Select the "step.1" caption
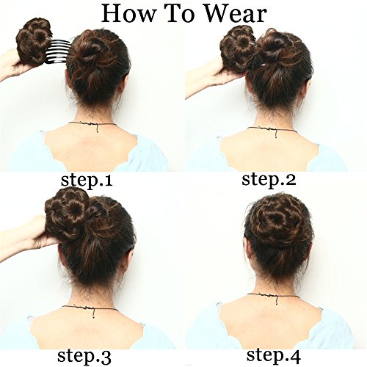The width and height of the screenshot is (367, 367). (x=87, y=181)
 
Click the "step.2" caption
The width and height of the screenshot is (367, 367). (x=269, y=181)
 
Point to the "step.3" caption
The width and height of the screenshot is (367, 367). (x=84, y=356)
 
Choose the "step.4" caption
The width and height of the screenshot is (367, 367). (x=273, y=355)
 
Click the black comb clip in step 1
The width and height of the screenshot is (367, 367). (x=59, y=51)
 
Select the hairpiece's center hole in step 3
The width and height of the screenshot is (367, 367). (x=73, y=210)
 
